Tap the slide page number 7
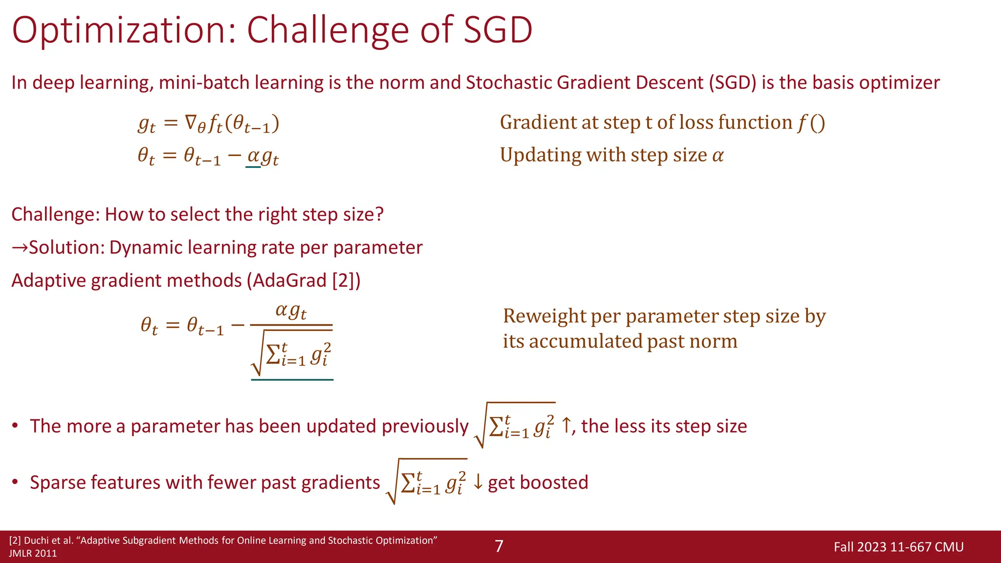(x=499, y=546)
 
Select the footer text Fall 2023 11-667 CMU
(x=898, y=546)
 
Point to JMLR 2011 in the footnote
(x=33, y=553)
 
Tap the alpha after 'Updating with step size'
(x=718, y=155)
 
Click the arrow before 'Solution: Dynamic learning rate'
(x=20, y=248)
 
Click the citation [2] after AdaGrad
(x=343, y=281)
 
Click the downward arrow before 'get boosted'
(x=478, y=482)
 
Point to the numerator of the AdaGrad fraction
(x=291, y=310)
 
